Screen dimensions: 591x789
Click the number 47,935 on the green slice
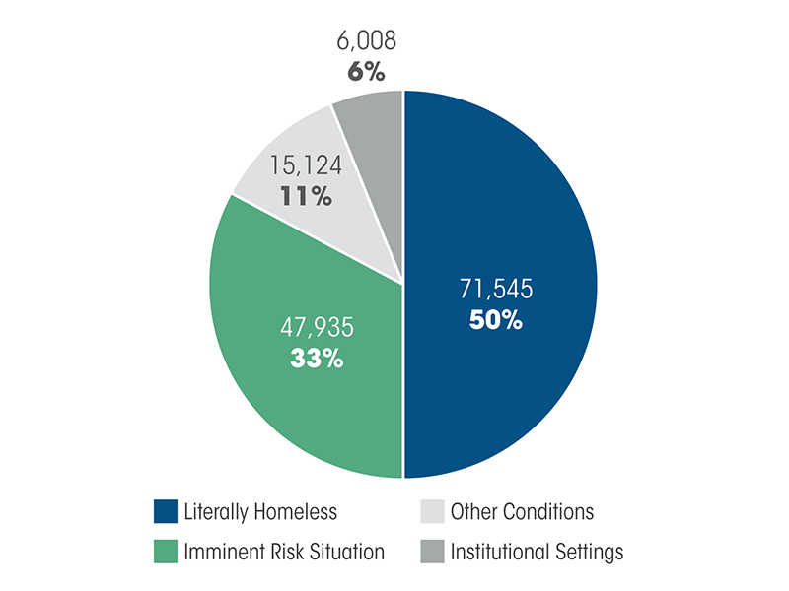pos(316,327)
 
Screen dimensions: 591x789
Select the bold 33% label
pos(316,359)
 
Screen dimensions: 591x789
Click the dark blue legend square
pos(166,512)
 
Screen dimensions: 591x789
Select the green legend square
pos(166,552)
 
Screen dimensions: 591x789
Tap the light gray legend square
pos(432,512)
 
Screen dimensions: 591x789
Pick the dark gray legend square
pos(432,552)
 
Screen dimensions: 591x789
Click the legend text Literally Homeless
pos(260,512)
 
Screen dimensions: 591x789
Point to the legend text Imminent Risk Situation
pos(284,552)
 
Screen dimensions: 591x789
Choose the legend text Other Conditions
pos(522,512)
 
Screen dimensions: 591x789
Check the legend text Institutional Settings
pos(537,552)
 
